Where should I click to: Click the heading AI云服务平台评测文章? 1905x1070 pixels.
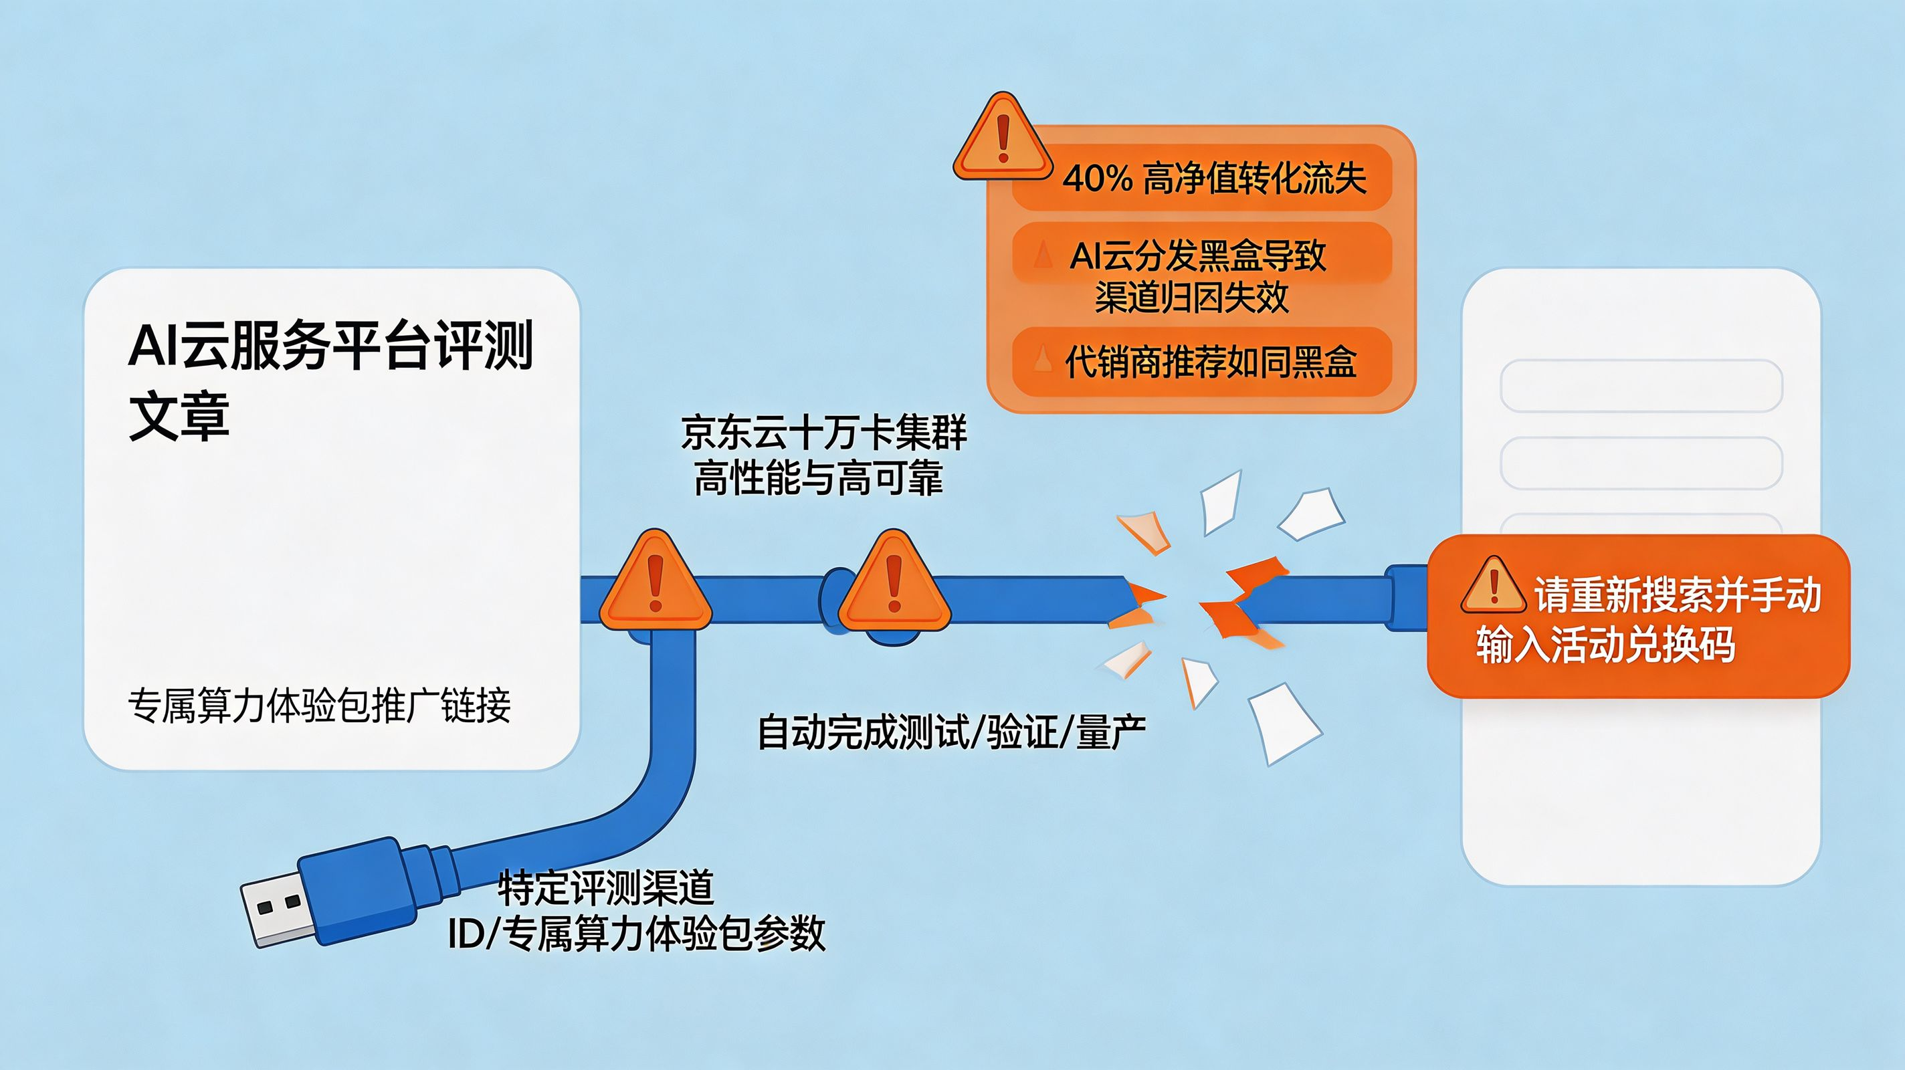[x=330, y=381]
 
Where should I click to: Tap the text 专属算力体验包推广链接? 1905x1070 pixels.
[x=319, y=706]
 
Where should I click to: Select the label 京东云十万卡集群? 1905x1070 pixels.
[x=823, y=433]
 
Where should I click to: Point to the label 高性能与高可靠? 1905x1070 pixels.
[x=819, y=477]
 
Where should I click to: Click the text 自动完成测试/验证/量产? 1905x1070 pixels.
[x=952, y=732]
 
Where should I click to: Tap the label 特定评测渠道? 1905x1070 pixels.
[x=605, y=887]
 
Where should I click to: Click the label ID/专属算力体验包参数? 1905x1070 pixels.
[x=637, y=933]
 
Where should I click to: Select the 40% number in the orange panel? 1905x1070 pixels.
[x=1098, y=178]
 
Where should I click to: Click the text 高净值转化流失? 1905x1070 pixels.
[x=1254, y=178]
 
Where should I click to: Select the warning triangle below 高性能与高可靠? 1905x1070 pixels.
[x=894, y=582]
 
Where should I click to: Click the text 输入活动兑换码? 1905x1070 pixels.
[x=1605, y=644]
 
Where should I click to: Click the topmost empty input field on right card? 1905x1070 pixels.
[x=1641, y=385]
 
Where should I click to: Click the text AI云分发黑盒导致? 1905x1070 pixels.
[x=1198, y=256]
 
